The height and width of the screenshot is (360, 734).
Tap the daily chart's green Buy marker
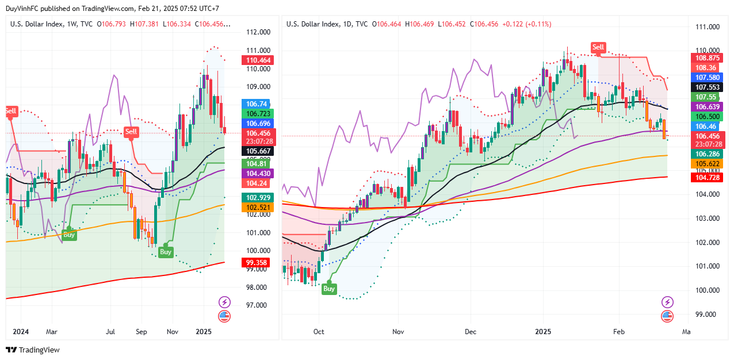pos(329,289)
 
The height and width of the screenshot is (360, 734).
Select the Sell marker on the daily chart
pos(598,47)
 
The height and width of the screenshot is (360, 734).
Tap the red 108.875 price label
pos(708,58)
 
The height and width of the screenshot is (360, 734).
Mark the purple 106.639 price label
pos(708,107)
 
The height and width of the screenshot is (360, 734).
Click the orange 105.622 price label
pos(708,164)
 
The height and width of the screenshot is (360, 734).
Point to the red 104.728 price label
pos(708,178)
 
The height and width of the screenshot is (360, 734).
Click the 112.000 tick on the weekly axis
pos(256,32)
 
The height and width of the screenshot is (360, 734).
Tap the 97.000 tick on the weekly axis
pos(256,305)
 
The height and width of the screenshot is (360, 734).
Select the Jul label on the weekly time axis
pos(111,332)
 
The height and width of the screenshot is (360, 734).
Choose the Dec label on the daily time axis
pos(471,332)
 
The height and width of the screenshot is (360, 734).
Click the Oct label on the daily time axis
pos(319,332)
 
